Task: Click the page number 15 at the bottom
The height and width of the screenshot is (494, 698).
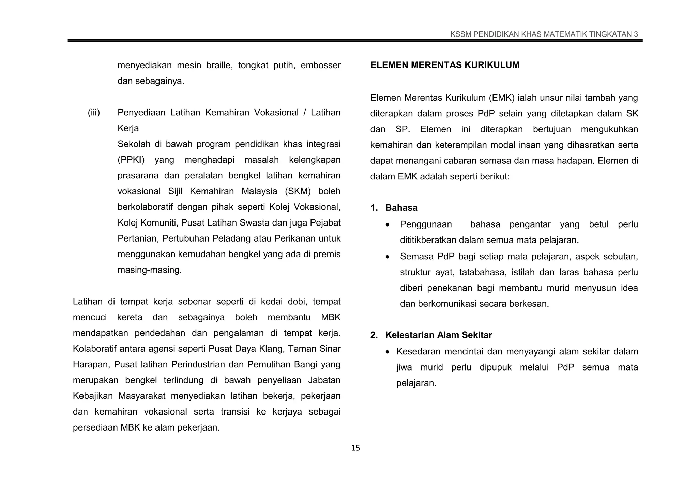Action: [x=355, y=448]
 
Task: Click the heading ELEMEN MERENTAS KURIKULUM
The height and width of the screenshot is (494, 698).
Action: [x=444, y=65]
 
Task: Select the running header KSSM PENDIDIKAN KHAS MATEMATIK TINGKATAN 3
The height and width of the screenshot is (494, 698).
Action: [x=544, y=34]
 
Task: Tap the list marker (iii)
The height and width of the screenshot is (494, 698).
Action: [x=94, y=113]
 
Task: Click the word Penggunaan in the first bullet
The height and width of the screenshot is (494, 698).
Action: [x=426, y=224]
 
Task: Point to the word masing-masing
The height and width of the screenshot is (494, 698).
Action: [x=149, y=270]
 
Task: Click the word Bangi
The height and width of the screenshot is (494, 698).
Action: [x=306, y=365]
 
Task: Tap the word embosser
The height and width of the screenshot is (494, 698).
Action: [x=320, y=65]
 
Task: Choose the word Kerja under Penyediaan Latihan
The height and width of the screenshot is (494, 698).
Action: [x=128, y=128]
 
